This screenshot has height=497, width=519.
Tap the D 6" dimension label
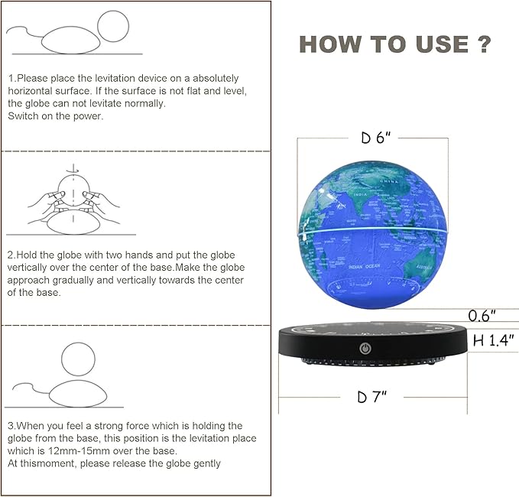coord(377,138)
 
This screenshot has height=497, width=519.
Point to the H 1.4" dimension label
coord(493,341)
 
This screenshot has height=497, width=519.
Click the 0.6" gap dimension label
coord(482,315)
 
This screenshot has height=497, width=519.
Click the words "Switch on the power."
coord(55,116)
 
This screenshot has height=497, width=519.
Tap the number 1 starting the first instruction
coord(11,79)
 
